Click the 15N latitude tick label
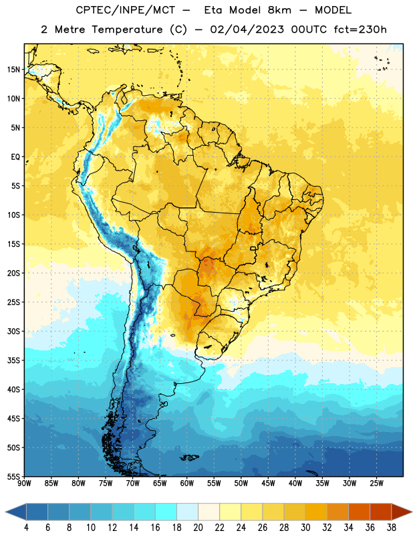click(13, 70)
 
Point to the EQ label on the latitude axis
click(15, 157)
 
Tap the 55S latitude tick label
click(13, 477)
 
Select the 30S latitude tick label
click(13, 331)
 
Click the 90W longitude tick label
click(24, 484)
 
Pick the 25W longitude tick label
click(376, 484)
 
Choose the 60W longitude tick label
click(187, 484)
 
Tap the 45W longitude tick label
click(268, 484)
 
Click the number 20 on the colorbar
click(198, 528)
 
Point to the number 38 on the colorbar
click(392, 528)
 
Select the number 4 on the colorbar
click(26, 528)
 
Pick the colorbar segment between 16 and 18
click(166, 512)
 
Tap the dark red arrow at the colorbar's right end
click(402, 512)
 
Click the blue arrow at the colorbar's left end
click(15, 512)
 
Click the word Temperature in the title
click(127, 29)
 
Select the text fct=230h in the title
click(360, 29)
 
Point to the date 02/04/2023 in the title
click(247, 29)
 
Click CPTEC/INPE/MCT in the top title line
click(125, 10)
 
